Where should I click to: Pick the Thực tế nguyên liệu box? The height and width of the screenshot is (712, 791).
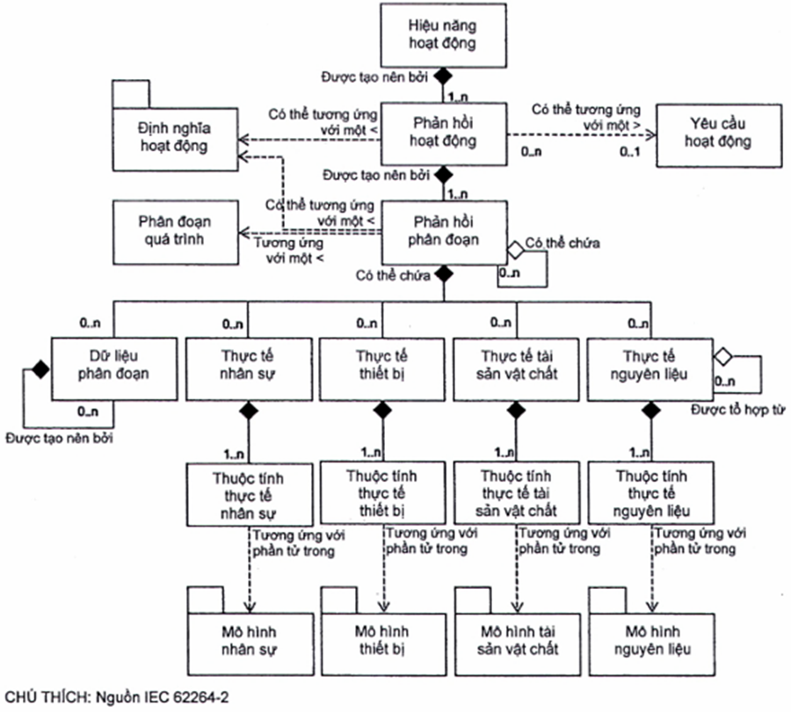[649, 364]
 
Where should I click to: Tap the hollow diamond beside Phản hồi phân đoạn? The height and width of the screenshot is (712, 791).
[515, 251]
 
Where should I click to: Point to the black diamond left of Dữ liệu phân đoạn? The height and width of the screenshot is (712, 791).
[39, 369]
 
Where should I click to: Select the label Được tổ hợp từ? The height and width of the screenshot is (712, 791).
[730, 410]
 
